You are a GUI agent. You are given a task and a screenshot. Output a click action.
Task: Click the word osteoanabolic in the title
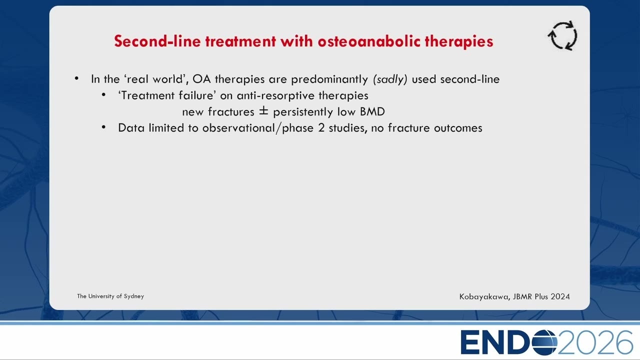pyautogui.click(x=369, y=41)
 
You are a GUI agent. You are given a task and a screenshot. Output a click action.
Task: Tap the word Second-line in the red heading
pyautogui.click(x=157, y=41)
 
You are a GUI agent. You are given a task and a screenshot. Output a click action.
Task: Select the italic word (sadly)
pyautogui.click(x=390, y=79)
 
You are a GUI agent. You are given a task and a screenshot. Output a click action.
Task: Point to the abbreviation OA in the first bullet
pyautogui.click(x=201, y=79)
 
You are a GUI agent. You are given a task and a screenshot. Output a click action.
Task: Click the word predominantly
pyautogui.click(x=329, y=79)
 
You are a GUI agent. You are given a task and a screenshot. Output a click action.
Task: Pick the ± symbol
pyautogui.click(x=263, y=111)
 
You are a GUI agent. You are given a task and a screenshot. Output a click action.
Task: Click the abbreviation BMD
pyautogui.click(x=372, y=111)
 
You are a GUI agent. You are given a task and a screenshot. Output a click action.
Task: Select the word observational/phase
pyautogui.click(x=257, y=128)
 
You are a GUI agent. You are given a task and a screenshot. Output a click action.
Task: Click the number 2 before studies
pyautogui.click(x=321, y=128)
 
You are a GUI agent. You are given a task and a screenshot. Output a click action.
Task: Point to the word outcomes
pyautogui.click(x=458, y=128)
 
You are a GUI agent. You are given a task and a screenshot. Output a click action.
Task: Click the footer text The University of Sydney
pyautogui.click(x=110, y=296)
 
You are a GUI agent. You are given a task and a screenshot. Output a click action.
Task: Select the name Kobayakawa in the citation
pyautogui.click(x=484, y=297)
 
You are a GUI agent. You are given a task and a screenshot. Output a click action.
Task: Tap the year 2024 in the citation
pyautogui.click(x=560, y=296)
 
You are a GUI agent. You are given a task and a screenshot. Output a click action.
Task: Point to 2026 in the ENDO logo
pyautogui.click(x=595, y=342)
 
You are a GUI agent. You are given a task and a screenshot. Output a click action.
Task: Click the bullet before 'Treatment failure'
pyautogui.click(x=103, y=94)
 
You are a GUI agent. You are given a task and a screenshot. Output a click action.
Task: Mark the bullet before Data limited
pyautogui.click(x=103, y=127)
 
